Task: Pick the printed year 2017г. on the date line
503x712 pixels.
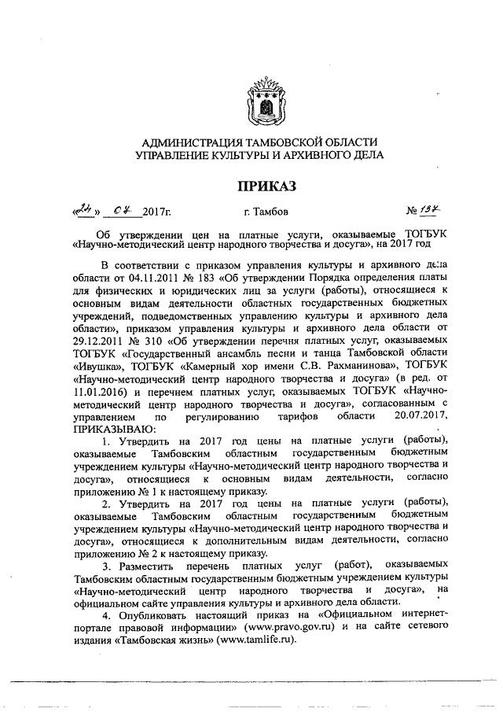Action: (x=156, y=212)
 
